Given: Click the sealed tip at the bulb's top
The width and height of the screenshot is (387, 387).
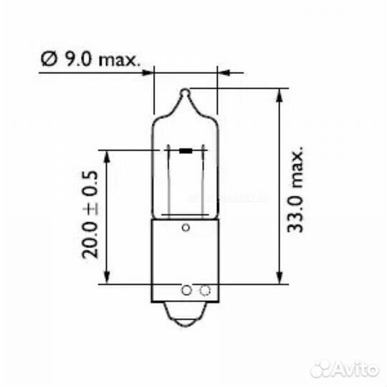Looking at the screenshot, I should click(x=186, y=92).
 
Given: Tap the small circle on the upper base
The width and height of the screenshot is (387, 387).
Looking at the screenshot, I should click(x=186, y=228).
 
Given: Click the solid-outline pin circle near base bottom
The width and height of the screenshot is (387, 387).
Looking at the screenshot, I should click(x=186, y=290).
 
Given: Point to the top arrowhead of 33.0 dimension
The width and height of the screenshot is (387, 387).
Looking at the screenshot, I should click(x=278, y=94).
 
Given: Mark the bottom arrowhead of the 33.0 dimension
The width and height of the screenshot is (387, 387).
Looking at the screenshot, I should click(x=278, y=279).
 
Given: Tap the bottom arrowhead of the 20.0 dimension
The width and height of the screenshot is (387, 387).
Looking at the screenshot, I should click(x=107, y=278).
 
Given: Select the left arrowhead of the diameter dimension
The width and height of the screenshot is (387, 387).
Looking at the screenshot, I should click(x=148, y=72).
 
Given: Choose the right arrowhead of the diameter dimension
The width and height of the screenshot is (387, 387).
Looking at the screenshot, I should click(x=223, y=72).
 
